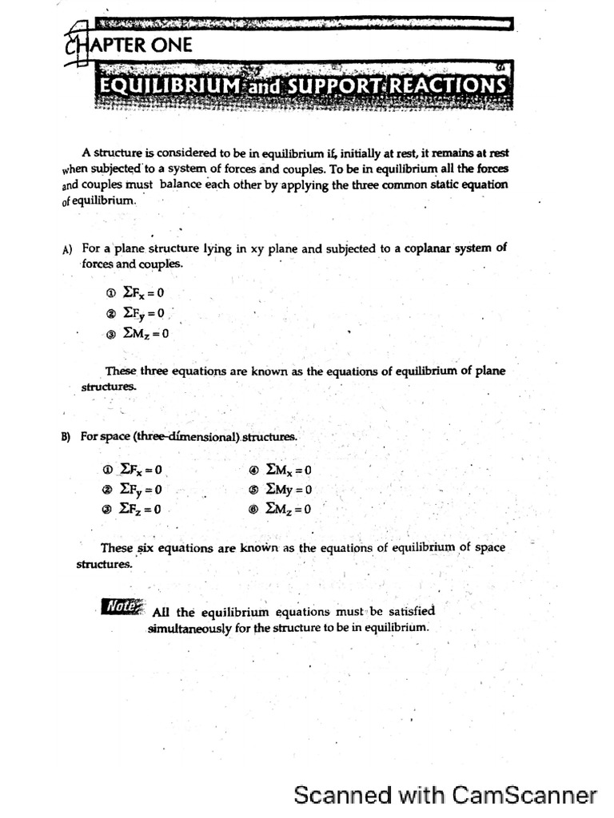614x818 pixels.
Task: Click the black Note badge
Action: [x=122, y=606]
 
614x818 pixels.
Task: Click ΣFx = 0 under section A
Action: [x=143, y=293]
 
